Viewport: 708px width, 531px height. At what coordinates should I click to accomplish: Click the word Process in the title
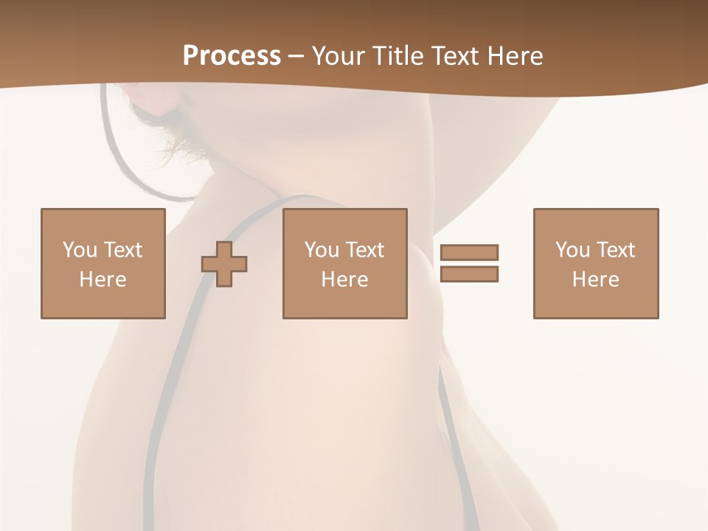232,56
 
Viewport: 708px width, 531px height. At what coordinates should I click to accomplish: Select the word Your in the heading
337,56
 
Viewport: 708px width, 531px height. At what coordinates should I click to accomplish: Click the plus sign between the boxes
224,264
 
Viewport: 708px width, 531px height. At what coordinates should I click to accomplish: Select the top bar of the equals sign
469,252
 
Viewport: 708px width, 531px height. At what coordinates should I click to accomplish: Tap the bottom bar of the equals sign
469,274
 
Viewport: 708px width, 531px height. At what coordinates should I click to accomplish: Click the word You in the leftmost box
79,250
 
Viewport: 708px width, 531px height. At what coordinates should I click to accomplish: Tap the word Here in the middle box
344,280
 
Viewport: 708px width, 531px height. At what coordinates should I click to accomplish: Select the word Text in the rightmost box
615,250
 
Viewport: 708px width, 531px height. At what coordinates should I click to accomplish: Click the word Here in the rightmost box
596,280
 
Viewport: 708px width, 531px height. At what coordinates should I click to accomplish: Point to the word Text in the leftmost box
122,250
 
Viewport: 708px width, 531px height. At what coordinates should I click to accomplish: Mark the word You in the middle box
321,250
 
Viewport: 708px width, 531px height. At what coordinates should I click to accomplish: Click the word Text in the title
453,56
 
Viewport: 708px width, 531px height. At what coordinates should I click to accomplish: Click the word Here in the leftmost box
103,280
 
